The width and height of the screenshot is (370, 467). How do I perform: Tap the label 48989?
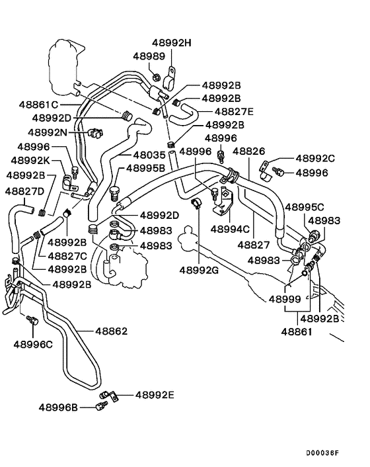(x=149, y=57)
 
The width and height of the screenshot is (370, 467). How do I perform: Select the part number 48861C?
(x=38, y=105)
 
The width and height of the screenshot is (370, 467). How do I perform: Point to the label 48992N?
(x=50, y=132)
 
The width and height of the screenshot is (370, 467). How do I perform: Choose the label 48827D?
(x=25, y=191)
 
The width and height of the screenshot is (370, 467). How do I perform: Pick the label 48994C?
(x=230, y=230)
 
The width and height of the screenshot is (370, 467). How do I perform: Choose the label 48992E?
(x=155, y=395)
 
